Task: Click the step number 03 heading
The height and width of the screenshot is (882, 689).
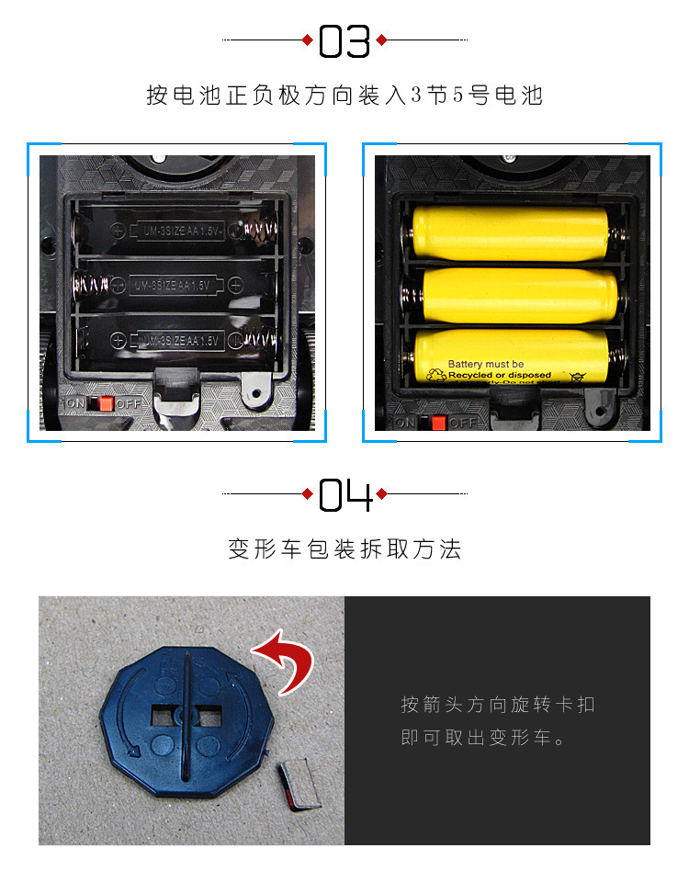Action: tap(344, 40)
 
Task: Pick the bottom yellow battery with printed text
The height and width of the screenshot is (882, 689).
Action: tap(511, 358)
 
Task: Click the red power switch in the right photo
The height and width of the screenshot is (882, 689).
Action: tap(438, 423)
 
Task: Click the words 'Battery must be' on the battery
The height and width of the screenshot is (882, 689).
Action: tap(486, 365)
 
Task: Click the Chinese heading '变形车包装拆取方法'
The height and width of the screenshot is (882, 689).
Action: tap(344, 549)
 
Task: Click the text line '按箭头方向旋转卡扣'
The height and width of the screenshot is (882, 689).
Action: tap(498, 705)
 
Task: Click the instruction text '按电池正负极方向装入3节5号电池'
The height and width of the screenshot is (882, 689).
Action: tap(344, 96)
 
